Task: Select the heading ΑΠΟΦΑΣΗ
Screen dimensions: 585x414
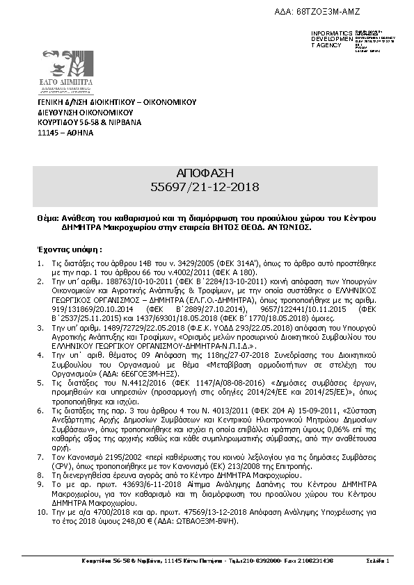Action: pos(206,172)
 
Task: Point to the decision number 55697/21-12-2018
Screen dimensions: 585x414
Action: pos(206,186)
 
